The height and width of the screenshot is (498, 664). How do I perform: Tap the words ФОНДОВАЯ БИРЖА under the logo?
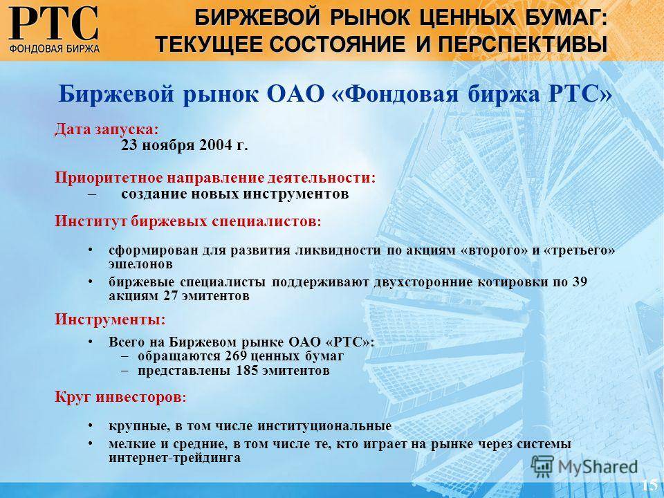(x=54, y=48)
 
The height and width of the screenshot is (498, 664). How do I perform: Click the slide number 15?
(x=649, y=484)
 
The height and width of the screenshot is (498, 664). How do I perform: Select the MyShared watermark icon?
(x=542, y=467)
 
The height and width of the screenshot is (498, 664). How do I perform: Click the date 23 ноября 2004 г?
(x=184, y=146)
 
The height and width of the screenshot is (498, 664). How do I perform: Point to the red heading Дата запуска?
(x=107, y=129)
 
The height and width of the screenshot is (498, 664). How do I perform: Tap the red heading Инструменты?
(x=110, y=319)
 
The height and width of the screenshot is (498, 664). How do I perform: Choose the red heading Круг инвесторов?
(x=120, y=397)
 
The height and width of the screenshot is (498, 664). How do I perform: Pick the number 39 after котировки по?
(x=580, y=282)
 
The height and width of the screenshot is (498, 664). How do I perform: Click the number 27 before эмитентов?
(x=171, y=295)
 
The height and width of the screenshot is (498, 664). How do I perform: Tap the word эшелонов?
(x=140, y=264)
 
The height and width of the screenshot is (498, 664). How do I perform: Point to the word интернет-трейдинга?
(x=174, y=458)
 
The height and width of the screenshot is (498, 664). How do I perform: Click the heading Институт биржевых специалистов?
(x=187, y=221)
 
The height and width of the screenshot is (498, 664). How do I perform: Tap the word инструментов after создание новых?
(x=296, y=194)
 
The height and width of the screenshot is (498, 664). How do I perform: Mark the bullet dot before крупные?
(x=90, y=425)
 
